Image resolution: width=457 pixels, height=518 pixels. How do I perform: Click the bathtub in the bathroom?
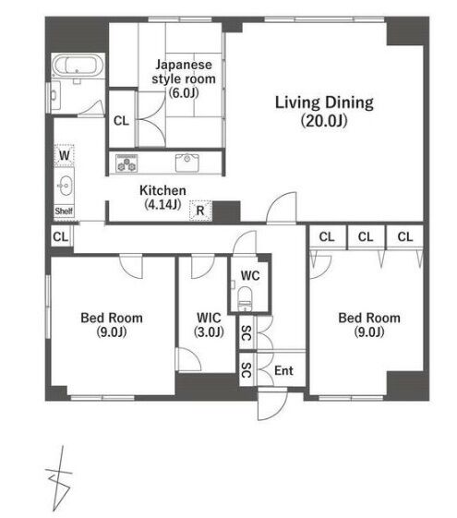[78, 66]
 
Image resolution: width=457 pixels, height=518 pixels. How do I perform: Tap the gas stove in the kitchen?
[126, 163]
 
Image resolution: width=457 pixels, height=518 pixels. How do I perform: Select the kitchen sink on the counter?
[186, 163]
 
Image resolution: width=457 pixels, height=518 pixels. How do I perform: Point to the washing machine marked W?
[65, 154]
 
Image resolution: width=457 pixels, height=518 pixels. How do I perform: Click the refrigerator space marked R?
[200, 211]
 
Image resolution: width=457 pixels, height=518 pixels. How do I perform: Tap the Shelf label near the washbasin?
[64, 211]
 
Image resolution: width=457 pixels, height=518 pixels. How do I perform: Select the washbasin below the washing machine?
[65, 186]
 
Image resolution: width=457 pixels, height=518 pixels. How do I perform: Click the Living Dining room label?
[324, 112]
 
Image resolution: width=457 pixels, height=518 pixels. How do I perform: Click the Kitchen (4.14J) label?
[162, 198]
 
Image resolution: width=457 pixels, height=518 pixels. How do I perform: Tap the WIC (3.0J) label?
[209, 325]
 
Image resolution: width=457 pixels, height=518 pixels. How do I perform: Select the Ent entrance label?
[283, 370]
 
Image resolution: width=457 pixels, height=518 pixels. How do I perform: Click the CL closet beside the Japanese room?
[121, 121]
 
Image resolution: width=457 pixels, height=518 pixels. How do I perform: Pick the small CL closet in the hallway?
[60, 236]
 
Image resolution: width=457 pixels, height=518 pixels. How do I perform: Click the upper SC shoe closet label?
[247, 332]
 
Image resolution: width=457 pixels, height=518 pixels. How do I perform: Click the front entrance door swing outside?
[271, 404]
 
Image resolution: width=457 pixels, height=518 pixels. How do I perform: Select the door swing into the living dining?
[282, 208]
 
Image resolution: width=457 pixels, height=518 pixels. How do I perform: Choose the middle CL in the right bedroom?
[366, 236]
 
